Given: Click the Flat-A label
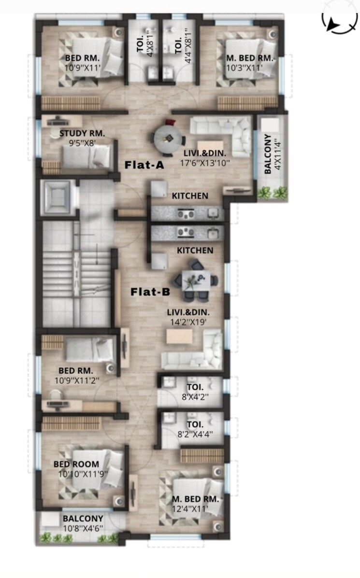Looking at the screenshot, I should click(x=144, y=165).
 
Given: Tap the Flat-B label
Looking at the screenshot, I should click(x=150, y=292).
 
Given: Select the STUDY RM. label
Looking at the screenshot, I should click(x=82, y=133).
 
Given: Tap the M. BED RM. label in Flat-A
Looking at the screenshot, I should click(x=250, y=58).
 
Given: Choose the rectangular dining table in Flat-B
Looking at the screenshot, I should click(x=196, y=281).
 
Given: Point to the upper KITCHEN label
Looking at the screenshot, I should click(x=190, y=196).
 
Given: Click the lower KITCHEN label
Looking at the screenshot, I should click(x=195, y=251).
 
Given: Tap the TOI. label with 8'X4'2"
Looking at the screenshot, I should click(x=195, y=387).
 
